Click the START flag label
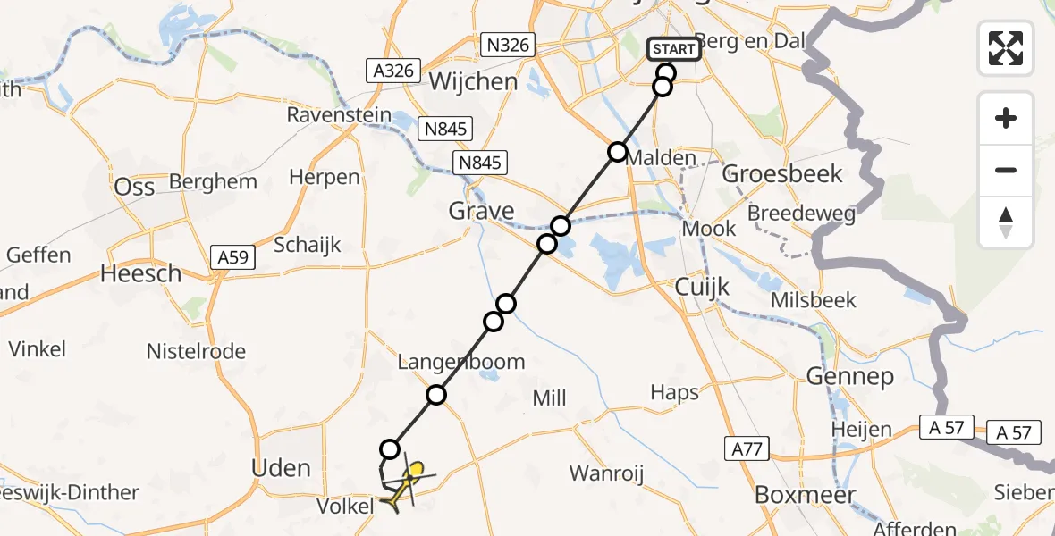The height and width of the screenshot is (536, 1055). pyautogui.click(x=673, y=49)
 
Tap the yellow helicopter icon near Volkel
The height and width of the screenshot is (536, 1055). pyautogui.click(x=404, y=485)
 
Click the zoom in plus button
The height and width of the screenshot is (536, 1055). pyautogui.click(x=1006, y=118)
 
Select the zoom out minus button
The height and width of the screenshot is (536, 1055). pyautogui.click(x=1006, y=170)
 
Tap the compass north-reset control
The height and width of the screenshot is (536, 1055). pyautogui.click(x=1006, y=222)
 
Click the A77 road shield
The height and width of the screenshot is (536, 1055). pyautogui.click(x=746, y=448)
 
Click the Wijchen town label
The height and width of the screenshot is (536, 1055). pyautogui.click(x=474, y=82)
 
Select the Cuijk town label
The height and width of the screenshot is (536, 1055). pyautogui.click(x=702, y=288)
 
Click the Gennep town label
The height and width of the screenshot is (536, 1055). pyautogui.click(x=849, y=376)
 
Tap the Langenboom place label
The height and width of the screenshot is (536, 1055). pyautogui.click(x=461, y=362)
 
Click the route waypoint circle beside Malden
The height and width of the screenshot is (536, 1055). pyautogui.click(x=618, y=151)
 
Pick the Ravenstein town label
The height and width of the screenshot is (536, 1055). pyautogui.click(x=339, y=115)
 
